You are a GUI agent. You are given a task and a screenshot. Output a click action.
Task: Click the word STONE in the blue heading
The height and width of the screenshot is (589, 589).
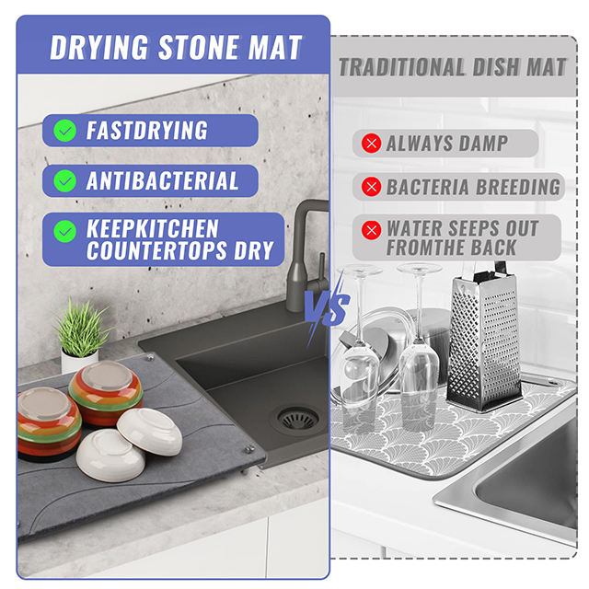coord(199,47)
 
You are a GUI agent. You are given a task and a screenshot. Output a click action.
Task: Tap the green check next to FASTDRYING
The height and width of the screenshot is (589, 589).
coord(65,131)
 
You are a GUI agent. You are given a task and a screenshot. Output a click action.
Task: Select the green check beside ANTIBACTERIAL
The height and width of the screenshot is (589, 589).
coord(65,180)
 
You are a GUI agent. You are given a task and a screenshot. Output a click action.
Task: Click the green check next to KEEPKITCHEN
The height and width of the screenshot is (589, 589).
coord(65,231)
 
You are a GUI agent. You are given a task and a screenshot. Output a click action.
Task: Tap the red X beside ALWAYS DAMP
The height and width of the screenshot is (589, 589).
coord(371,144)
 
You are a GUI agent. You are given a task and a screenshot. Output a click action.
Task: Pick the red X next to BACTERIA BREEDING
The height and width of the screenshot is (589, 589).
coord(371,187)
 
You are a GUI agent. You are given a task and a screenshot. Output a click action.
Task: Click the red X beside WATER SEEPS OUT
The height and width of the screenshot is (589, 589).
coord(371,229)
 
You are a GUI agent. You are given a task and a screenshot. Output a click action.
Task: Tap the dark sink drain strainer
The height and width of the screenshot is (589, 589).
coord(298,419)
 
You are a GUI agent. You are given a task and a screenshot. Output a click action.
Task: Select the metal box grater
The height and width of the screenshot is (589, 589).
coord(484,338)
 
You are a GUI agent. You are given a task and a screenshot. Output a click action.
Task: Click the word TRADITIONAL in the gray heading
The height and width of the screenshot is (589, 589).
coord(402,67)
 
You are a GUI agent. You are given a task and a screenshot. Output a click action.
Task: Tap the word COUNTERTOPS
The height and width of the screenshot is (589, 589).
coord(156,250)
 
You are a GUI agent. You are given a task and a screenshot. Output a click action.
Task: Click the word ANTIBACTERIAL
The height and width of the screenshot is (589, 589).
coord(162,180)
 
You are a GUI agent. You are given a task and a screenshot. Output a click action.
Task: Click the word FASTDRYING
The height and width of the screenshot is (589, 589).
coord(147,131)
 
